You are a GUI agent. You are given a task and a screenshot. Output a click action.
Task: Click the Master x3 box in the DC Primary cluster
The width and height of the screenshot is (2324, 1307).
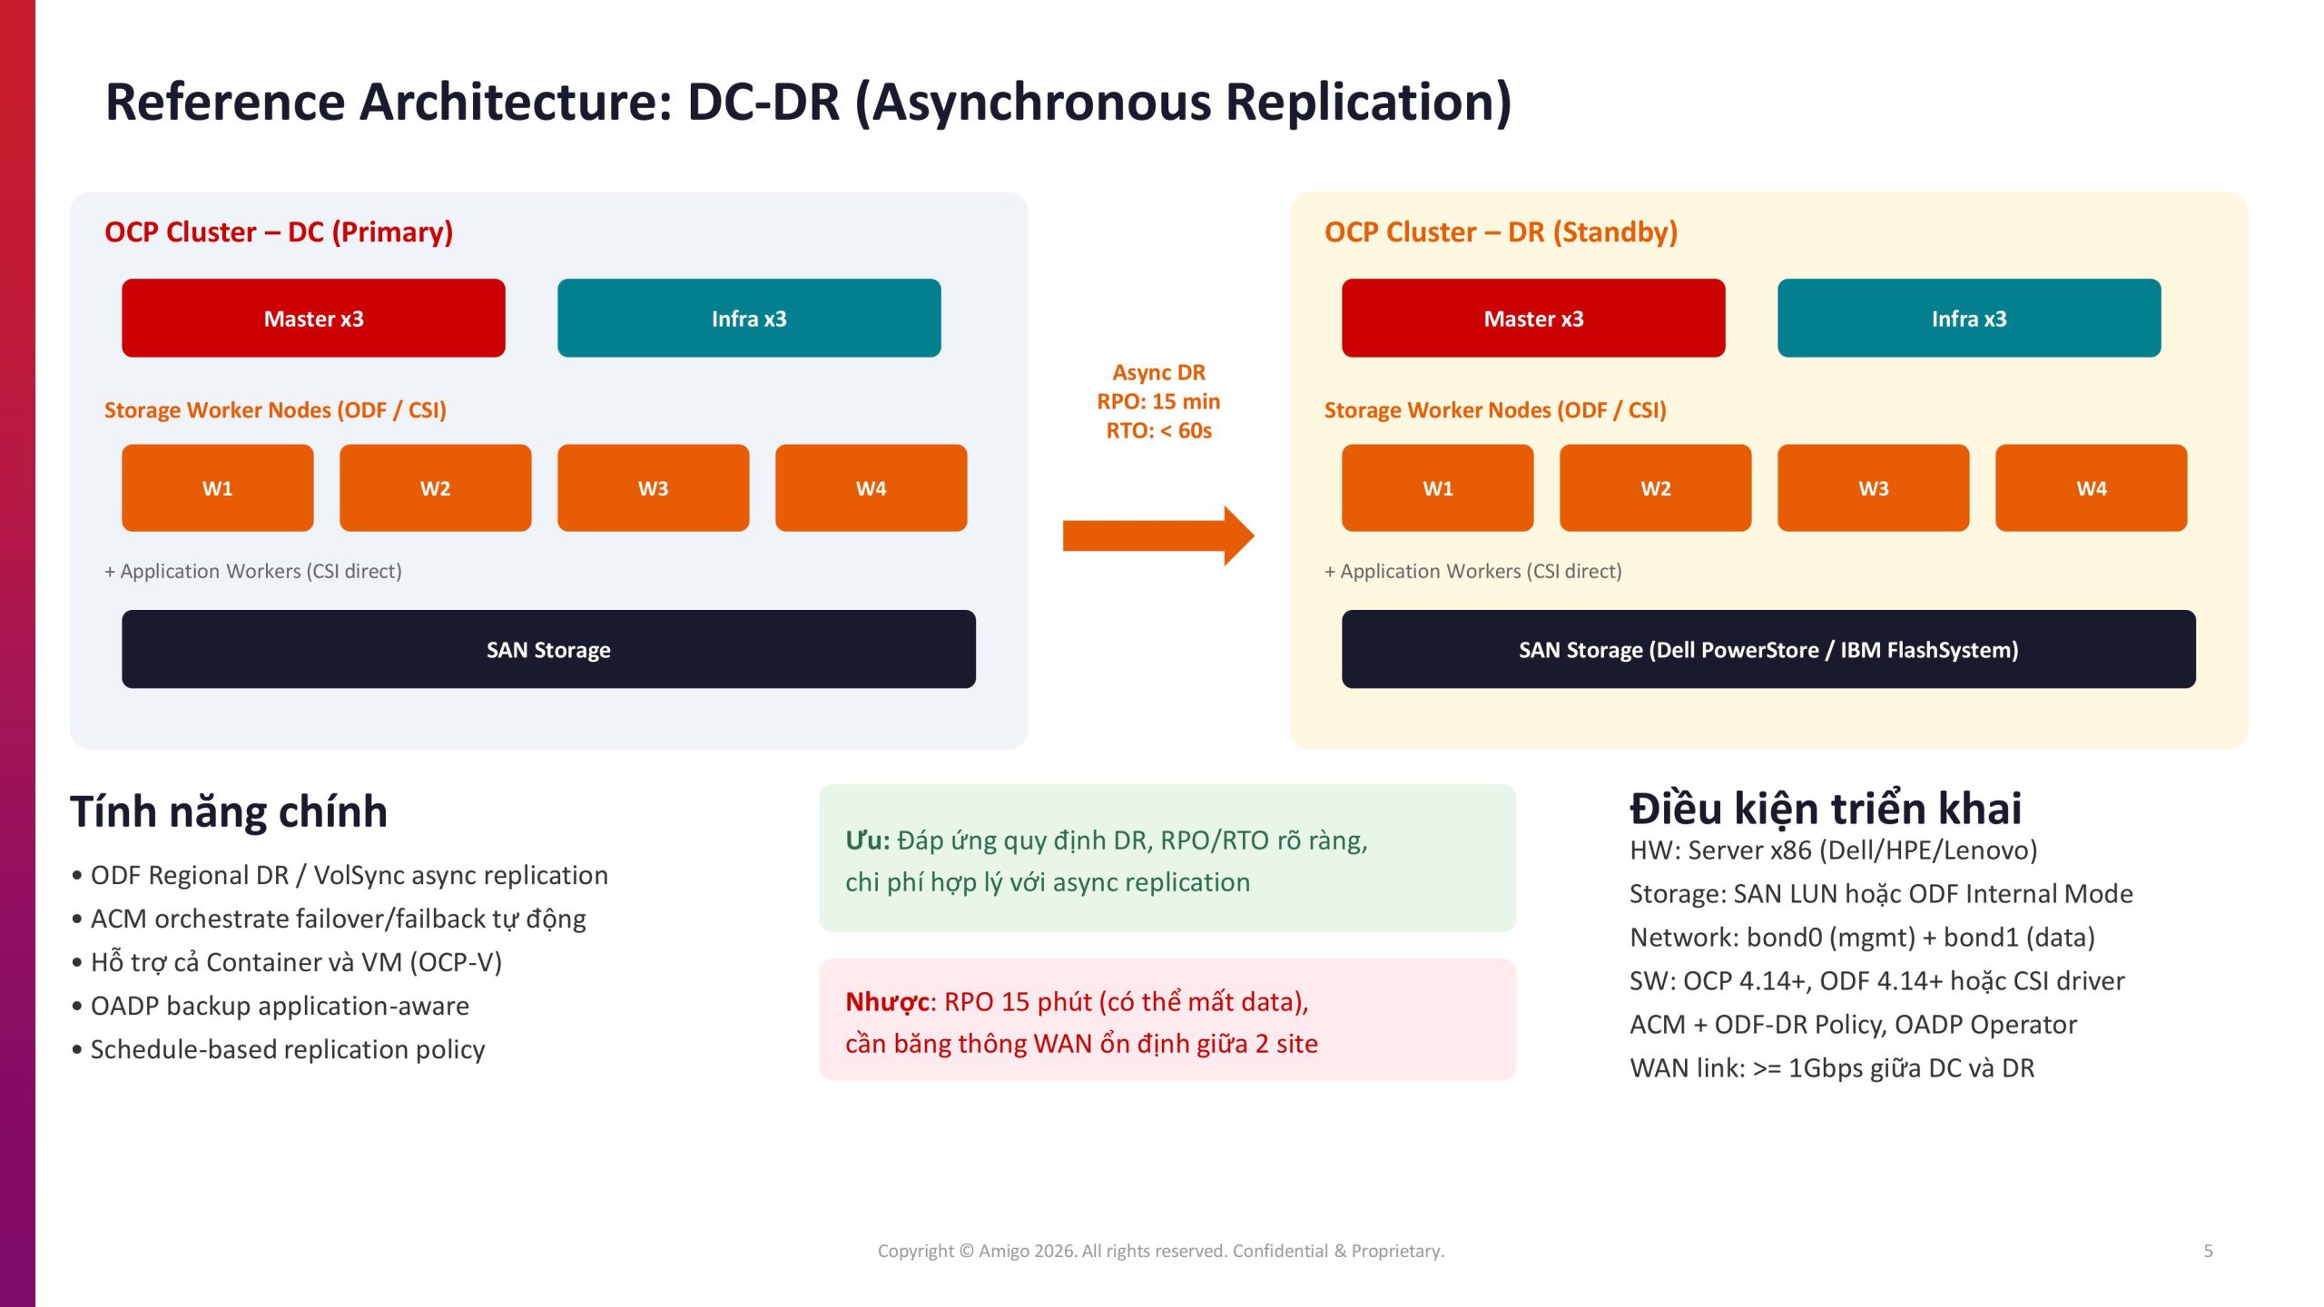coord(313,318)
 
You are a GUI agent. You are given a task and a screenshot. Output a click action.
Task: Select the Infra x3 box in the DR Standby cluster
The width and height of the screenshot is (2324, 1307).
coord(1969,318)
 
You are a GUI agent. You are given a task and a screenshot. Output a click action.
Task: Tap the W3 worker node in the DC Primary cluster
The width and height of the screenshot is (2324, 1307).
coord(654,487)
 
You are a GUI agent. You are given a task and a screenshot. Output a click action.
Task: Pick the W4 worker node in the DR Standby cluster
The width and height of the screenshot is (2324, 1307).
coord(2092,487)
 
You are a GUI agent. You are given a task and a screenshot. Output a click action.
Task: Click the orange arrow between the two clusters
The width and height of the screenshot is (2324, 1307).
coord(1158,536)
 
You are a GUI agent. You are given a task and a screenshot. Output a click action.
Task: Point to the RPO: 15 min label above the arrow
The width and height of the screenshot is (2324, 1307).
coord(1158,401)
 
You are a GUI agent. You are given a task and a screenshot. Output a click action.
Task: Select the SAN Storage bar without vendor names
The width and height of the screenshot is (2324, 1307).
coord(548,649)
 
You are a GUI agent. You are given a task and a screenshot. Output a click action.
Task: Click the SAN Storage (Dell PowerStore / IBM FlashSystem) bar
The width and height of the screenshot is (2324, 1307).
coord(1768,649)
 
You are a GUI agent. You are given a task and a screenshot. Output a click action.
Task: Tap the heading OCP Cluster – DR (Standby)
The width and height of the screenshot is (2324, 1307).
coord(1501,231)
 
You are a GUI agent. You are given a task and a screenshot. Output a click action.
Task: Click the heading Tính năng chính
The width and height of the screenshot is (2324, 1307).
coord(229,811)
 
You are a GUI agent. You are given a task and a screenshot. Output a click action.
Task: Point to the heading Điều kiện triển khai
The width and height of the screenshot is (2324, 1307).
coord(1826,808)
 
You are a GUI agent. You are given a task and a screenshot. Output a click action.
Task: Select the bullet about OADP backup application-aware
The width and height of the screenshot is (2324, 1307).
coord(271,1006)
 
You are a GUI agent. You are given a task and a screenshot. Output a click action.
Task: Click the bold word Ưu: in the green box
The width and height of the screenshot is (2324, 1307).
coord(868,840)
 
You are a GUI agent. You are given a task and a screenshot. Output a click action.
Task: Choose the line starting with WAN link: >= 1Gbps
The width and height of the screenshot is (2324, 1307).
coord(1832,1067)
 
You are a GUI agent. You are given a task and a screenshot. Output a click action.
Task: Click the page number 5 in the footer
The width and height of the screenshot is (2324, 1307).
coord(2208,1251)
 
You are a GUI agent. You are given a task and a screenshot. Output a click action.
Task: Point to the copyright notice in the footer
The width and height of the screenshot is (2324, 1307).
coord(1161,1251)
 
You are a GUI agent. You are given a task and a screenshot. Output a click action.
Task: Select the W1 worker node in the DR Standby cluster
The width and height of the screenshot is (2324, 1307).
coord(1438,487)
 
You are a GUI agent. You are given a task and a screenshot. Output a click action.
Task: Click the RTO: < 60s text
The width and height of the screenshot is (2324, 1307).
coord(1158,430)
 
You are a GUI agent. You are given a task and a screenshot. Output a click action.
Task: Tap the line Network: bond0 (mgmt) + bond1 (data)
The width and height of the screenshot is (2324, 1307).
coord(1862,937)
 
